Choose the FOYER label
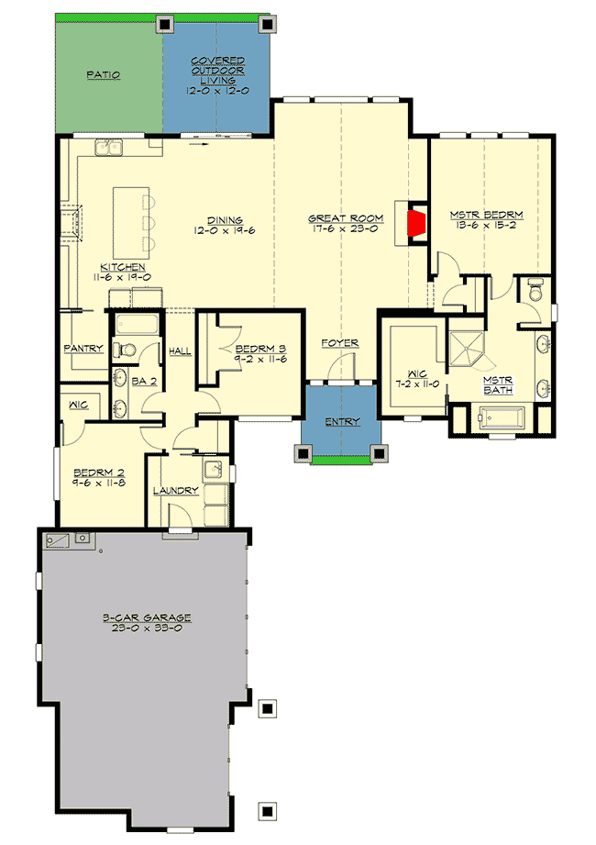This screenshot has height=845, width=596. point(339,343)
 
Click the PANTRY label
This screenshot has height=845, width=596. point(83,349)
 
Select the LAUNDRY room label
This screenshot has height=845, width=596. point(176,491)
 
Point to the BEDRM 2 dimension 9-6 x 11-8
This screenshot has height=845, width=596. point(99,488)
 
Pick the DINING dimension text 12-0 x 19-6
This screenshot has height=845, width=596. point(224,231)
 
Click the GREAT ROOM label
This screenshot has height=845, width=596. point(339,219)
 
